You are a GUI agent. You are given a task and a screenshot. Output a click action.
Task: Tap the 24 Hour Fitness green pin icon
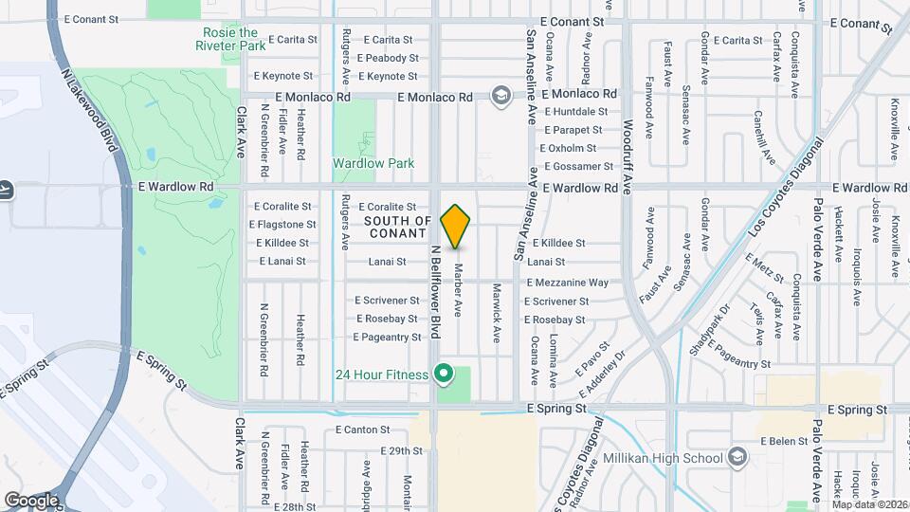(x=443, y=374)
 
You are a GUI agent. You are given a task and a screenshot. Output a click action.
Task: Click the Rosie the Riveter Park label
(x=231, y=39)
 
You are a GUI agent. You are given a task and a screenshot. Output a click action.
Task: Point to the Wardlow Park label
(x=373, y=163)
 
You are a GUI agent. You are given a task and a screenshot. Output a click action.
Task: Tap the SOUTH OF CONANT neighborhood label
(x=398, y=227)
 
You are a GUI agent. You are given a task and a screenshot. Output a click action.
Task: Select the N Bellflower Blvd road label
(x=437, y=292)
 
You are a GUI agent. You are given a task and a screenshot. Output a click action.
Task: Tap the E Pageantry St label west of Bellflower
(x=387, y=337)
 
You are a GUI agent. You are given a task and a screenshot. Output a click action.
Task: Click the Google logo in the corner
(x=31, y=500)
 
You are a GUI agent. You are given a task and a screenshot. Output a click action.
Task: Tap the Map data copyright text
(x=869, y=504)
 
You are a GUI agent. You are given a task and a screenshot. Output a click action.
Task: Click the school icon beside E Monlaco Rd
(x=500, y=96)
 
